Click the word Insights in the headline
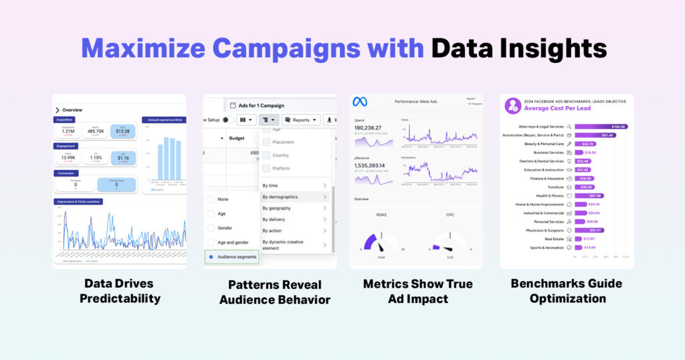(553, 48)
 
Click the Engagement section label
(66, 145)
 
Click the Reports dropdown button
(300, 120)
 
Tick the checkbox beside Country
(266, 155)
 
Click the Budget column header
(237, 138)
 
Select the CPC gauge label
(450, 215)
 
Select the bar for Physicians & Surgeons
(588, 230)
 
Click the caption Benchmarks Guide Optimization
(567, 290)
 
